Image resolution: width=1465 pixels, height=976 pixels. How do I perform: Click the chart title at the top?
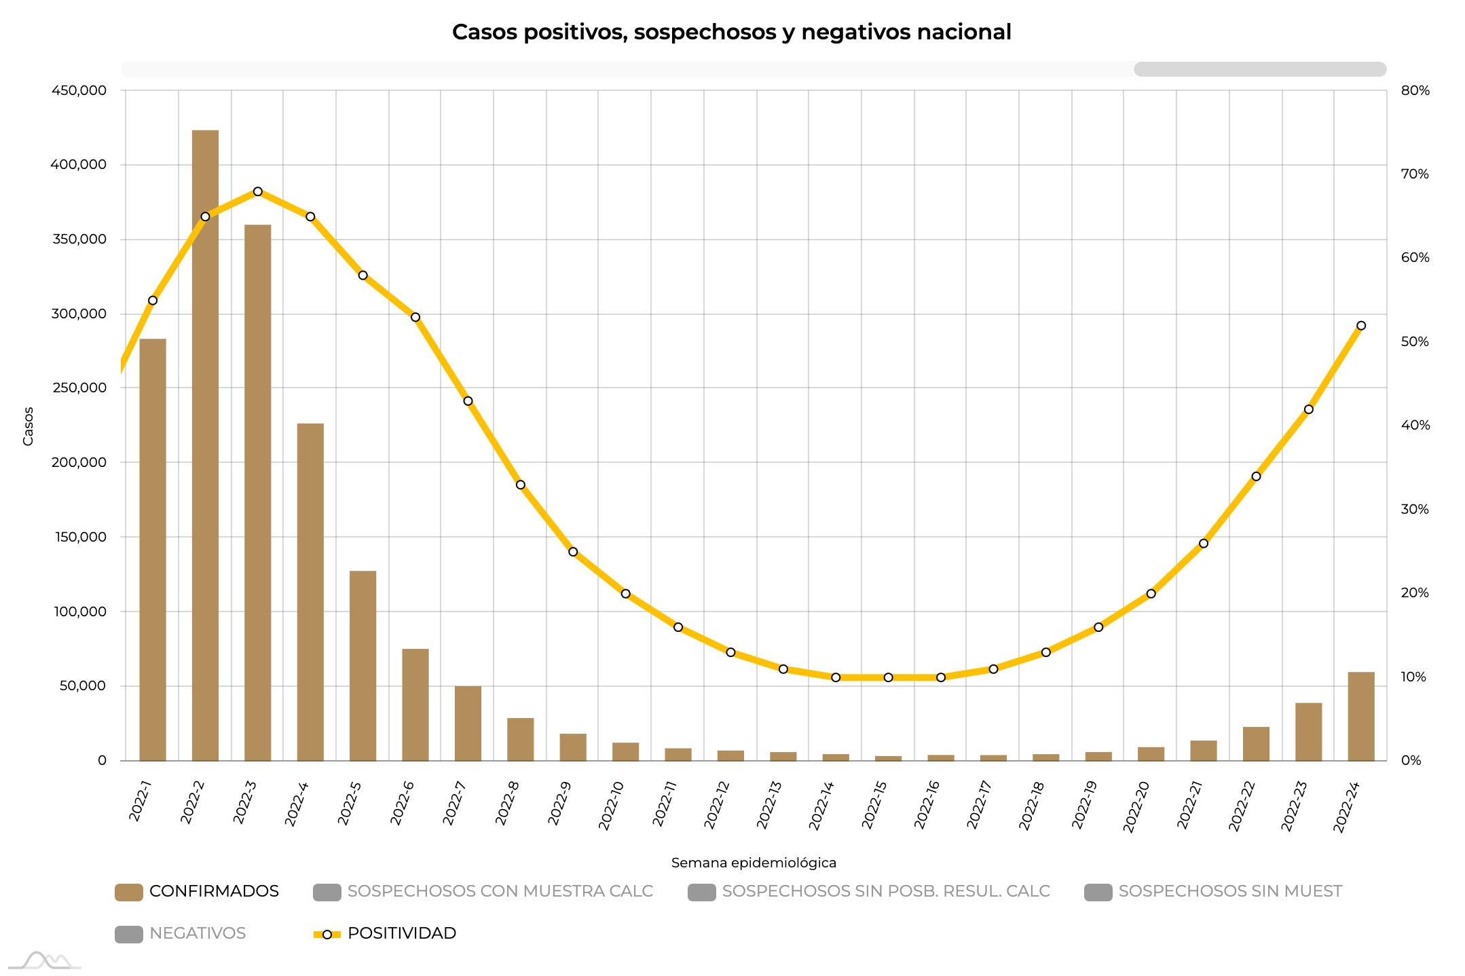pos(731,32)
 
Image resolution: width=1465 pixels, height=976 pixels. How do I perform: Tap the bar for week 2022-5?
pos(363,665)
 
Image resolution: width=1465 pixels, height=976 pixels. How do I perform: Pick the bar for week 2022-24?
pos(1360,716)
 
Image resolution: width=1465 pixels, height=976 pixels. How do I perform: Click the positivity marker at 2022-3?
pos(258,192)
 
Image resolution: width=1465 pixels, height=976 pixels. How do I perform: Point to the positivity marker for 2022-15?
pos(888,677)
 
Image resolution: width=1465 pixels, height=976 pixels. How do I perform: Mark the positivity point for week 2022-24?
pos(1360,326)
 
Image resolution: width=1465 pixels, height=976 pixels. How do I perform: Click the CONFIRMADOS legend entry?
pos(198,891)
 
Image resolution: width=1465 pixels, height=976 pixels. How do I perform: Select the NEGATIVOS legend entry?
pos(181,933)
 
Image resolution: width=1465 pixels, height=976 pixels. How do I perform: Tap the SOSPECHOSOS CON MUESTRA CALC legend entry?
pos(483,891)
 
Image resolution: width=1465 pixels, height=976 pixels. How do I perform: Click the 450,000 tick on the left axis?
pos(79,90)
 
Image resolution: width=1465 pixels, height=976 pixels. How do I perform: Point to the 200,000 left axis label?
pos(79,462)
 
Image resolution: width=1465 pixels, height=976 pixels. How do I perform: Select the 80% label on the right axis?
pos(1415,90)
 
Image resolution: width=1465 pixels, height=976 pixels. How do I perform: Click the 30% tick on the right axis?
pos(1415,509)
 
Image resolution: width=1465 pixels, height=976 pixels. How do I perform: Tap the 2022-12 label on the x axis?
pos(717,805)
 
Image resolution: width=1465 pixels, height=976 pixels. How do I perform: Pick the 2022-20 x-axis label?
pos(1136,806)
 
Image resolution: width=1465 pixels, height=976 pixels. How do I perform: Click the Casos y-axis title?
pos(28,426)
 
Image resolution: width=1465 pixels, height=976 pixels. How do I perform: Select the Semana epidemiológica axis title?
pos(754,863)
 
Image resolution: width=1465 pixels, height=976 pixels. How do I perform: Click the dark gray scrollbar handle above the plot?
pos(1260,69)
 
